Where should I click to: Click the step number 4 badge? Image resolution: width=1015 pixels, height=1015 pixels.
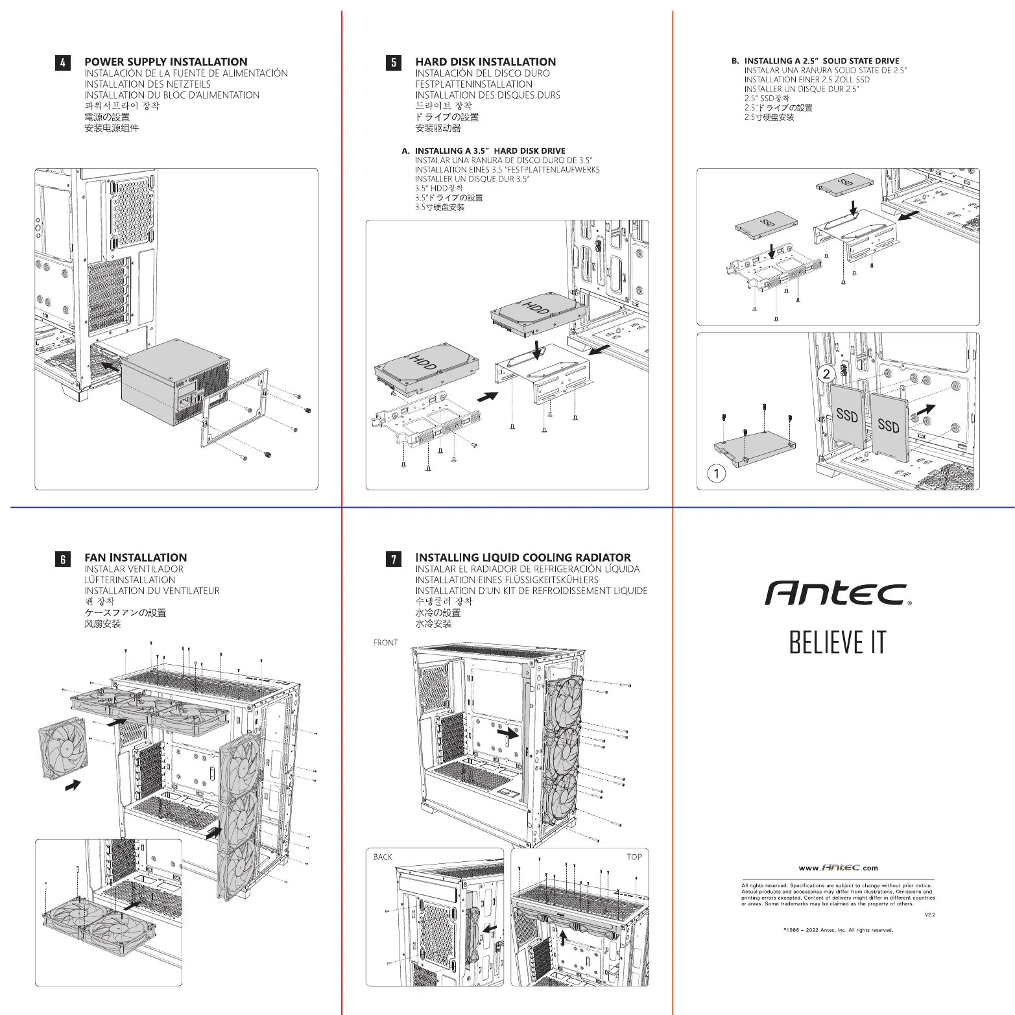[62, 62]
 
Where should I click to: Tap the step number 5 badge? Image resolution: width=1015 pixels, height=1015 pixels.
[393, 62]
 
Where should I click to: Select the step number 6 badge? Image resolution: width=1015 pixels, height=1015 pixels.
[62, 558]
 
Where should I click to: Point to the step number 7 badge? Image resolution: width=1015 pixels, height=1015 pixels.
[393, 558]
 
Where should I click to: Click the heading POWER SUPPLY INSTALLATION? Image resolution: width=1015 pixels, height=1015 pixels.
[166, 62]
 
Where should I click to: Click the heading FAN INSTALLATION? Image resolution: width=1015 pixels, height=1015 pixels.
[136, 558]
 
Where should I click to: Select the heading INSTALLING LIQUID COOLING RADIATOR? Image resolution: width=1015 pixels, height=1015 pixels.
[523, 558]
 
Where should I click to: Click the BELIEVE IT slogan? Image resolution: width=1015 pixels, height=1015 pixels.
[837, 642]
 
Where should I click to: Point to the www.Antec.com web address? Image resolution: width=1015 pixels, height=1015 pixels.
[838, 868]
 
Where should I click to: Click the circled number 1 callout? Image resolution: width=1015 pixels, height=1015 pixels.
[716, 473]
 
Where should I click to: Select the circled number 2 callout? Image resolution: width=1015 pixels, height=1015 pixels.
[826, 374]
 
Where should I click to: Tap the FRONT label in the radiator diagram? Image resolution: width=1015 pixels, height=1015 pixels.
[385, 643]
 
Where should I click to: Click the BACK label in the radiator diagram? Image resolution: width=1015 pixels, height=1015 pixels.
[383, 857]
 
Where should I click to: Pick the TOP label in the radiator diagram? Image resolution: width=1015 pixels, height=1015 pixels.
[634, 857]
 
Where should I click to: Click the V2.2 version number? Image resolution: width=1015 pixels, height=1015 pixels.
[929, 914]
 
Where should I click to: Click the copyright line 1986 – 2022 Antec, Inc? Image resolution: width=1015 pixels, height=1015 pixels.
[838, 930]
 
